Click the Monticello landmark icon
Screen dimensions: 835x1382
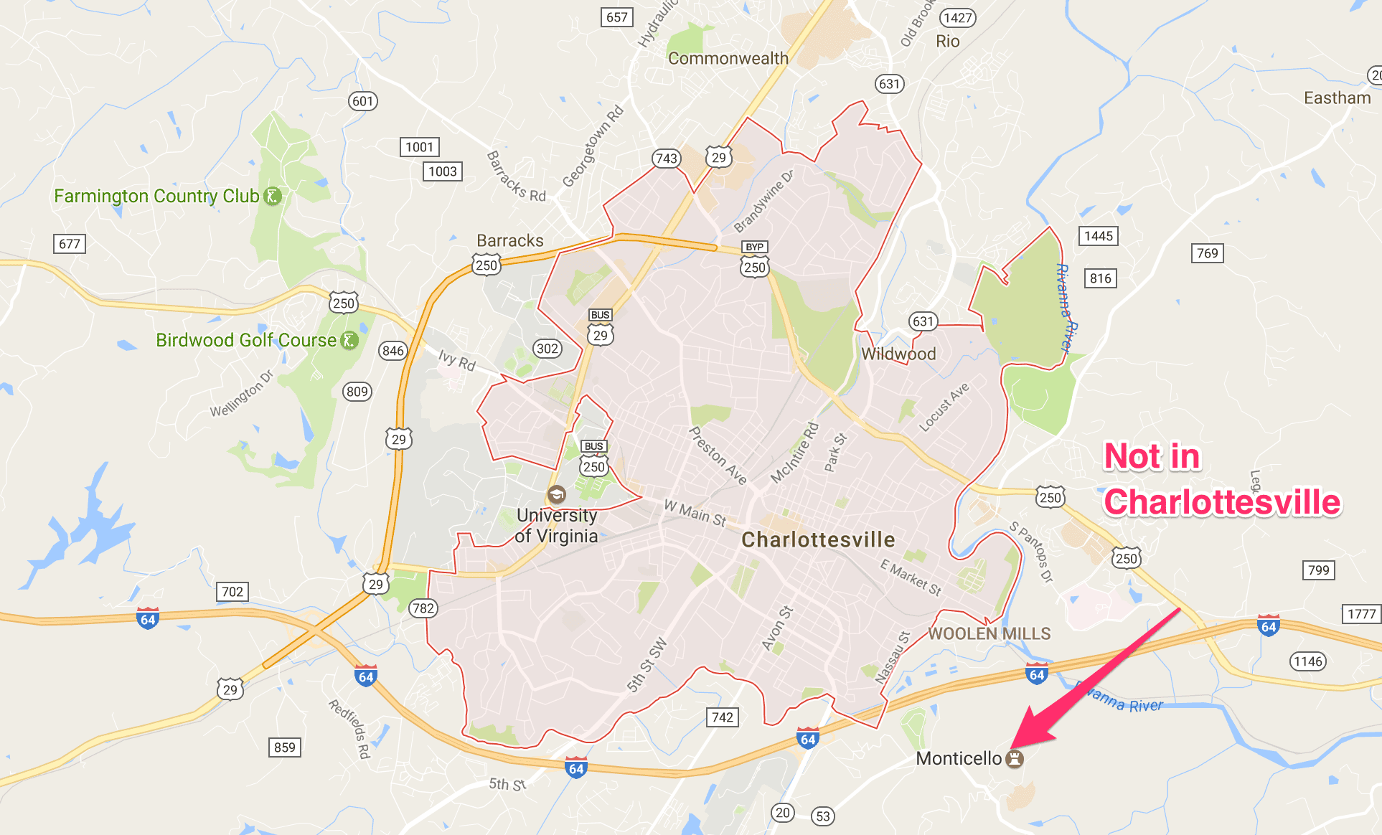tap(1014, 758)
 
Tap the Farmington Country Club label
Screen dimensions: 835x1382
tap(156, 196)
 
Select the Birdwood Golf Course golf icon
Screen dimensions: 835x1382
tap(349, 340)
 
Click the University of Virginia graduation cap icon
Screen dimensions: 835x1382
tap(556, 494)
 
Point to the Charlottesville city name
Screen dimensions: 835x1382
tap(818, 539)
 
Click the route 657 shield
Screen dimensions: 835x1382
tap(616, 17)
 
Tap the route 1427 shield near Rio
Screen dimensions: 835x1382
tap(958, 18)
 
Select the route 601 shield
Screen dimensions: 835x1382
tap(362, 101)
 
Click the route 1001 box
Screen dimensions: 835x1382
tap(419, 147)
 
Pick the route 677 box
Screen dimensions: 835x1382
tap(70, 244)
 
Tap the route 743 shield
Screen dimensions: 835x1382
tap(666, 159)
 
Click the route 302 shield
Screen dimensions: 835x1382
tap(547, 349)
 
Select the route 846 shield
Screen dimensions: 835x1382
tap(392, 351)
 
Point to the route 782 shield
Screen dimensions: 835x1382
tap(423, 608)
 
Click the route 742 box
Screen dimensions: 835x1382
tap(723, 717)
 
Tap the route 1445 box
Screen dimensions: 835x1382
tap(1099, 236)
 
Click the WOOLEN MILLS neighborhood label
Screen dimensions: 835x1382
tap(990, 633)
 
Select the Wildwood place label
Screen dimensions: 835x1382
tap(898, 354)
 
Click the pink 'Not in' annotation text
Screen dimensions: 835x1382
tap(1151, 456)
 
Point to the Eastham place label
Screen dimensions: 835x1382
tap(1337, 98)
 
